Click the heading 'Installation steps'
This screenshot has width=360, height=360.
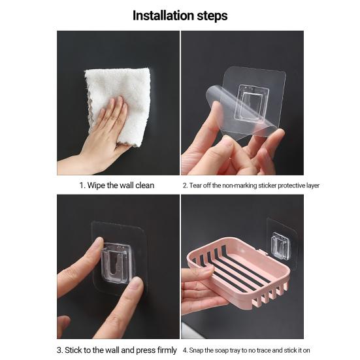(x=180, y=15)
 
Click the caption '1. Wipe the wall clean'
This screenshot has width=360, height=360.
(x=117, y=185)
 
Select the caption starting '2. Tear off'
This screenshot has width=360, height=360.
(x=251, y=185)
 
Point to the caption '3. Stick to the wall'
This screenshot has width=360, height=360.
(x=117, y=350)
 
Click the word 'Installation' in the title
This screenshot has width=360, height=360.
(x=162, y=15)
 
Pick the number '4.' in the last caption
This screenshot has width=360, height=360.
(x=185, y=350)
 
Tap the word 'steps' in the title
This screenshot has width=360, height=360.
(x=210, y=15)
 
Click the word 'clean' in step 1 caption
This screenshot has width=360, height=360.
(x=143, y=185)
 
